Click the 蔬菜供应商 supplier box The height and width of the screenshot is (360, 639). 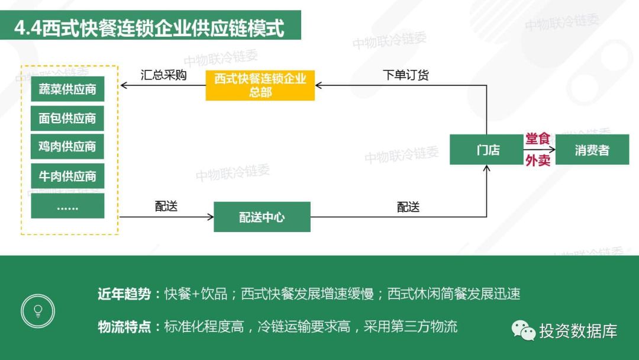(67, 89)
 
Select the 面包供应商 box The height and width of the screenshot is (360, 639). (67, 118)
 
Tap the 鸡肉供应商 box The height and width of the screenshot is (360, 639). (67, 146)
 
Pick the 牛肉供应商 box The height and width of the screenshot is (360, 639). (67, 176)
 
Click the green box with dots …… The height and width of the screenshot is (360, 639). (67, 206)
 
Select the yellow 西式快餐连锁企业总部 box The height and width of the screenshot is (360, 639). (260, 85)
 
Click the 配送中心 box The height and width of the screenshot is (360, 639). (262, 217)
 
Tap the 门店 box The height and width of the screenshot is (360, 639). (486, 150)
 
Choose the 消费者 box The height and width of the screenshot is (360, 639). (592, 150)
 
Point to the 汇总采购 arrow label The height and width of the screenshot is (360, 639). (163, 75)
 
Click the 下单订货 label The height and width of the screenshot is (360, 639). (405, 75)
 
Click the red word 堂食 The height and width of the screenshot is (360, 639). (537, 139)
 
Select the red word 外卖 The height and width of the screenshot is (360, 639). (537, 160)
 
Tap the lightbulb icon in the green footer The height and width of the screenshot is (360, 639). (38, 311)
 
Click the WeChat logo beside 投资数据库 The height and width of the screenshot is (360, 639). (523, 330)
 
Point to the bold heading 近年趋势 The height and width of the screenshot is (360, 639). (124, 294)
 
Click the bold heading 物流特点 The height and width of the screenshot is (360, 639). (124, 327)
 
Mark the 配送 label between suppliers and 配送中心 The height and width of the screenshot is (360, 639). (166, 206)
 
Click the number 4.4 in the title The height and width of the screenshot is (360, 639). (28, 28)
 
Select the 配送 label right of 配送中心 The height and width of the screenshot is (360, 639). (408, 207)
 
